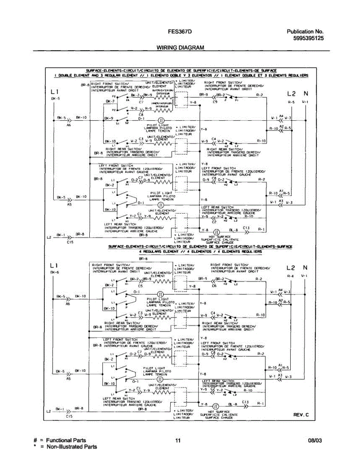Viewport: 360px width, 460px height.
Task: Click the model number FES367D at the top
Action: pyautogui.click(x=179, y=32)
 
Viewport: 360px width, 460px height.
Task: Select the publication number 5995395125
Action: pyautogui.click(x=309, y=38)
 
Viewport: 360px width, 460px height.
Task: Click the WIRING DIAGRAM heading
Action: pyautogui.click(x=180, y=48)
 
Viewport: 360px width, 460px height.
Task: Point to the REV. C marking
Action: pyautogui.click(x=301, y=415)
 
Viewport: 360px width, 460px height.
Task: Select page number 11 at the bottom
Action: pyautogui.click(x=178, y=441)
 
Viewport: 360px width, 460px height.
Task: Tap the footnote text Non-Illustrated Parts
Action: pyautogui.click(x=72, y=447)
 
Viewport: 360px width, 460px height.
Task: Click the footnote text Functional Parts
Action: pyautogui.click(x=66, y=440)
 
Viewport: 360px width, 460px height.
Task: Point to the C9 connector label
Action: pyautogui.click(x=215, y=102)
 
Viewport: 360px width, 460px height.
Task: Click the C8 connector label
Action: pyautogui.click(x=141, y=115)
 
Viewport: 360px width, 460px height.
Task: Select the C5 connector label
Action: pyautogui.click(x=141, y=286)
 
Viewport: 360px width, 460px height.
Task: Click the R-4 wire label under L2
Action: pyautogui.click(x=291, y=276)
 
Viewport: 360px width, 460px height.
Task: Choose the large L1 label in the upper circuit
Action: pyautogui.click(x=54, y=92)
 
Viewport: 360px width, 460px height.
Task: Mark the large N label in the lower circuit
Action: pyautogui.click(x=305, y=267)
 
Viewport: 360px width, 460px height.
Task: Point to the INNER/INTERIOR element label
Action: pyautogui.click(x=161, y=103)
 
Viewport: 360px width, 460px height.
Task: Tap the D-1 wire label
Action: pyautogui.click(x=141, y=118)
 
